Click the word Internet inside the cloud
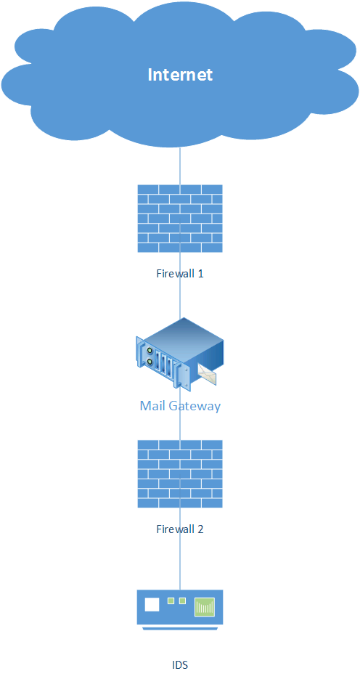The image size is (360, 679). [x=180, y=75]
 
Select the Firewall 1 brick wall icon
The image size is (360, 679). [x=180, y=219]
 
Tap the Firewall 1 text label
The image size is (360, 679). [x=180, y=274]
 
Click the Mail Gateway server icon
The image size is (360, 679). [x=180, y=352]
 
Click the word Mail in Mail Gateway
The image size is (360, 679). [x=152, y=406]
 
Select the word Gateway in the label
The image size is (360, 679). [x=195, y=406]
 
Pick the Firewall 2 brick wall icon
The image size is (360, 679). [x=180, y=473]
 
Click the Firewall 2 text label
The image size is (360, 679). [x=180, y=529]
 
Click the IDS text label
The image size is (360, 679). [x=180, y=664]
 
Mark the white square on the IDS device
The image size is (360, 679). [x=152, y=604]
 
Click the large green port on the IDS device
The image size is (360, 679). [x=205, y=606]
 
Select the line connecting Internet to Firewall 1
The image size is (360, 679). [x=180, y=166]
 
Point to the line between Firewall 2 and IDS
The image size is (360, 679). [x=180, y=548]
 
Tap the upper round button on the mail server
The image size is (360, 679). [x=150, y=350]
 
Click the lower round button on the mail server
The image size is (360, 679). [x=150, y=361]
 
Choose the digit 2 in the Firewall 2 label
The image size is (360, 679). [x=200, y=529]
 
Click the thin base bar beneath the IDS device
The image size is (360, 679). [x=180, y=628]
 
